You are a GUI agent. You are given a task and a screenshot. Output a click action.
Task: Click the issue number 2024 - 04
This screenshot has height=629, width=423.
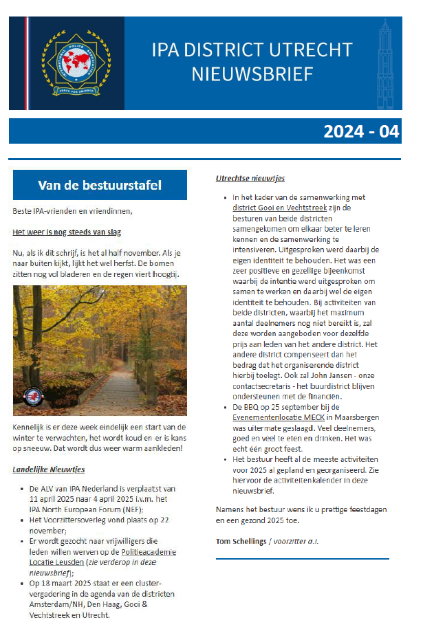coord(360,131)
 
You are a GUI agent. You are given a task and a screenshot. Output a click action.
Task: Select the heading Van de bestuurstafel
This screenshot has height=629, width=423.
coord(100,185)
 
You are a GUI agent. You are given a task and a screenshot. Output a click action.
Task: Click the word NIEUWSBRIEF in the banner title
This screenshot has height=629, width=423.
coord(252,74)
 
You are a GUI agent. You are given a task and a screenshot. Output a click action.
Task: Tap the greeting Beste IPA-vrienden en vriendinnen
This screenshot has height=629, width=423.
coord(72,210)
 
